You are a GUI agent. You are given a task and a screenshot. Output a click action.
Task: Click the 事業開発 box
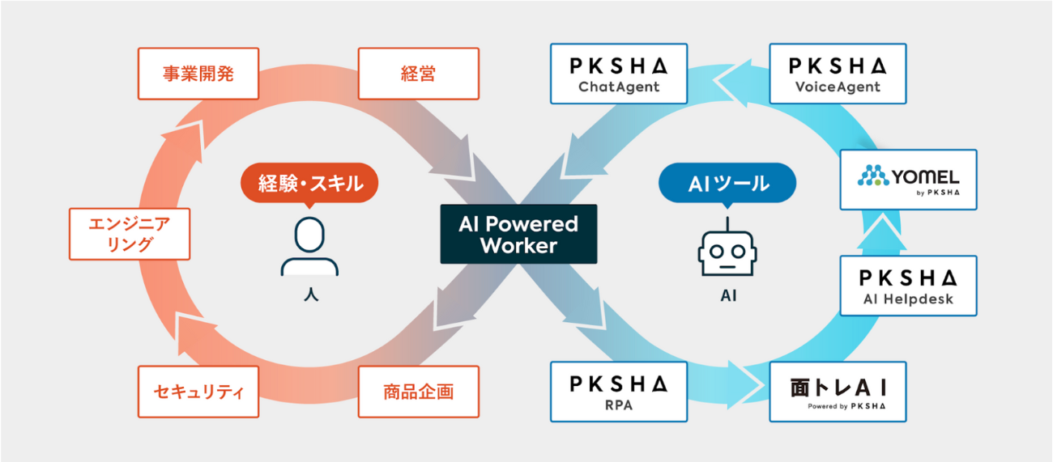point(198,74)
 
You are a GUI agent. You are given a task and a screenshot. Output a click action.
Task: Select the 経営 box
point(418,74)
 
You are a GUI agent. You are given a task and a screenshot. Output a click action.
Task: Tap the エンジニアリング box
point(130,234)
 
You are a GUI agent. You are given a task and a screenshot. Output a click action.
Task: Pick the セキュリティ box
point(198,392)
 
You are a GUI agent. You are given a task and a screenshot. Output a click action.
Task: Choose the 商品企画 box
point(418,392)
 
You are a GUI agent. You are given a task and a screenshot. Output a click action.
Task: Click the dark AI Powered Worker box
point(518,234)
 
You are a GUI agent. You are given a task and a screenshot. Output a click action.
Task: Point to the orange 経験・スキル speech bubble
point(309,183)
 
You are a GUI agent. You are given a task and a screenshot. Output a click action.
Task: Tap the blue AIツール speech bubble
point(727,183)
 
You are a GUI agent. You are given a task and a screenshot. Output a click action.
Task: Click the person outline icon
point(309,247)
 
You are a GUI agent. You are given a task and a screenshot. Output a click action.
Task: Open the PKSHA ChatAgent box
point(619,74)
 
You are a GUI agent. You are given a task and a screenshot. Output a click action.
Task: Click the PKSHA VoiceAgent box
point(838,74)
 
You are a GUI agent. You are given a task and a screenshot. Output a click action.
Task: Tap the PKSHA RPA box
point(619,392)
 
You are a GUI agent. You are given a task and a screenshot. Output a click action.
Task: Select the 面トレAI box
point(838,392)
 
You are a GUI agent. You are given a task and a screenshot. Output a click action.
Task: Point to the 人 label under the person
point(309,295)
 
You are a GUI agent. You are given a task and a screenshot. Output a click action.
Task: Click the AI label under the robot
point(727,296)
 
